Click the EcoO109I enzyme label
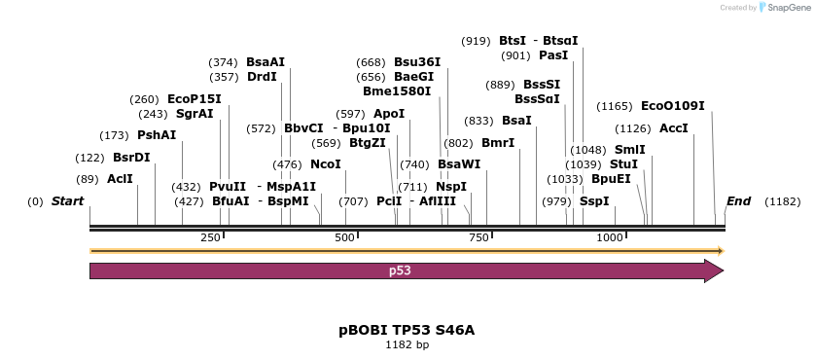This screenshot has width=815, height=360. [672, 106]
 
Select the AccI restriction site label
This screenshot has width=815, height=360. [674, 128]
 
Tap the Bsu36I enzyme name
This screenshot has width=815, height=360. [417, 62]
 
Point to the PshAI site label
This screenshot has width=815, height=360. [157, 135]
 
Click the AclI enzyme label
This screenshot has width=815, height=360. [120, 179]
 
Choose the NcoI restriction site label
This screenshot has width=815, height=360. [326, 164]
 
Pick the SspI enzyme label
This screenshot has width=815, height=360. [594, 201]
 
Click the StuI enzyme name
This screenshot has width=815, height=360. [623, 164]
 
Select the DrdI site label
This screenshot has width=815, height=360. [262, 77]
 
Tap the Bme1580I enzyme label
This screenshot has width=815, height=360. [397, 91]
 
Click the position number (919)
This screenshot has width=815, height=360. [476, 41]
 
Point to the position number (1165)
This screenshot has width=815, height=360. [615, 106]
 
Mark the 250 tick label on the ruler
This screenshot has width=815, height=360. [211, 238]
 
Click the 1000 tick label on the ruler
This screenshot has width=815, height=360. [610, 238]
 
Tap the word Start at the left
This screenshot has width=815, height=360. [67, 201]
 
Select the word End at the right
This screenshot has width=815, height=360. [738, 201]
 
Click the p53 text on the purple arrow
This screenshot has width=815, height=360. [400, 270]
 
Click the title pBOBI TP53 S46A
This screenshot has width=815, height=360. [407, 330]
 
